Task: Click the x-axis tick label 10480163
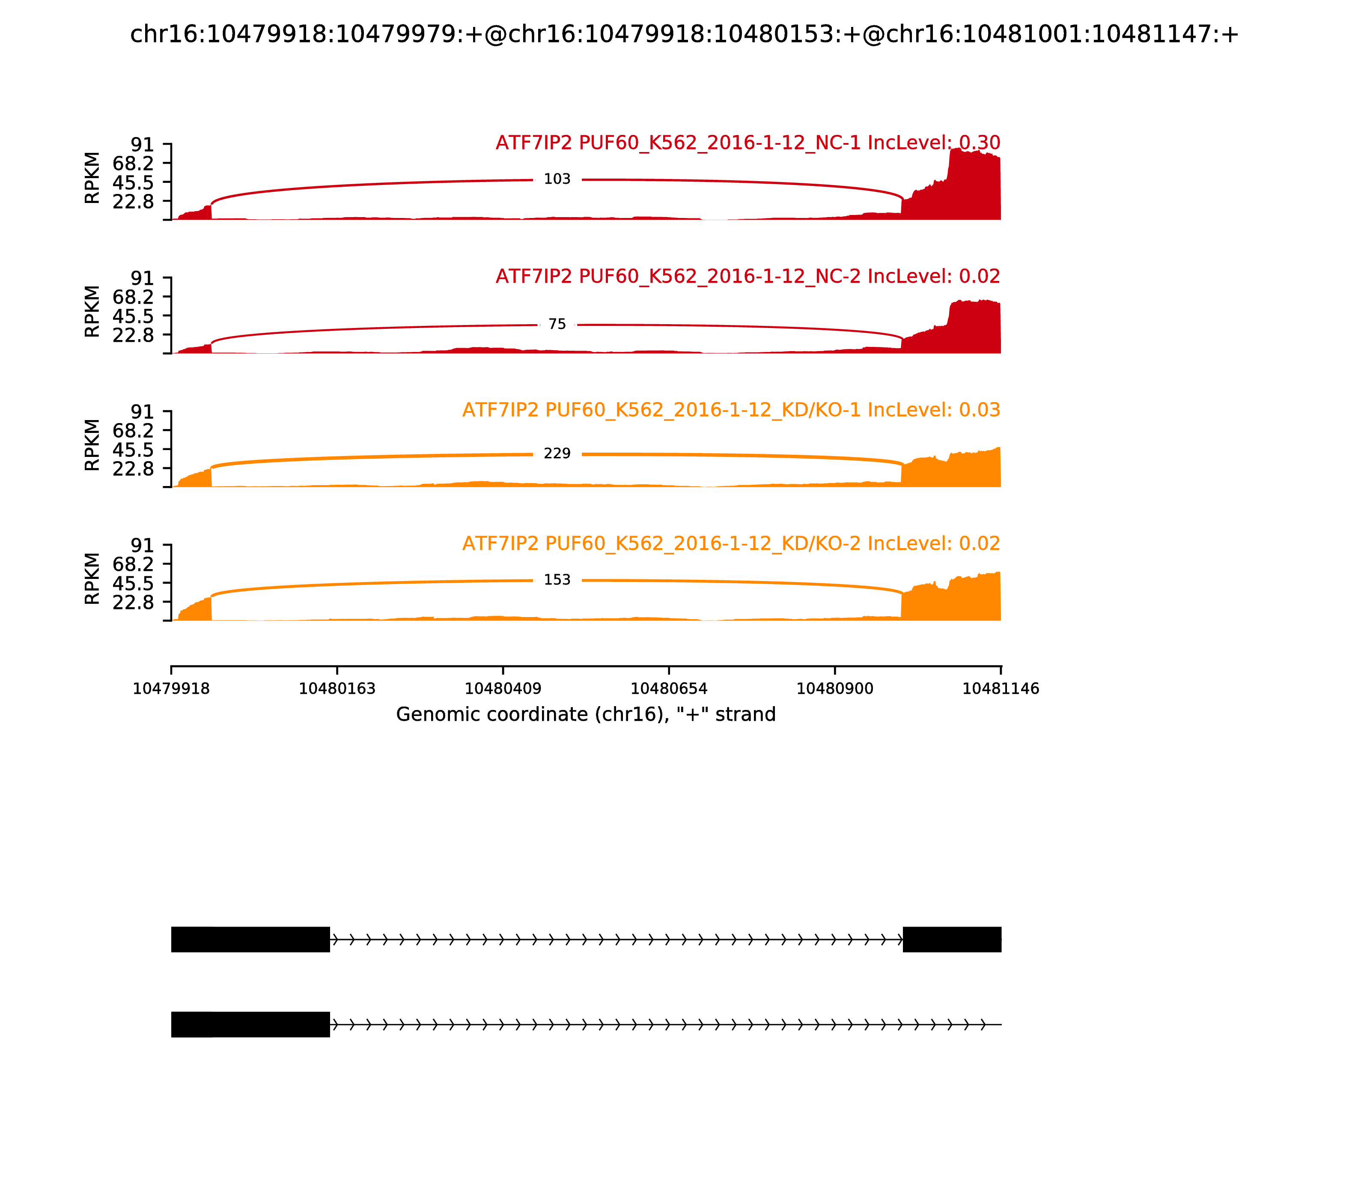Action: (337, 689)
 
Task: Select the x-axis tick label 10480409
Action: (503, 689)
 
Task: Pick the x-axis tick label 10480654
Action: (669, 689)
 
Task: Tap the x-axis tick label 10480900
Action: (835, 689)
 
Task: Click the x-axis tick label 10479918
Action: (171, 689)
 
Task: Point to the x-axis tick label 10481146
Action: (1001, 689)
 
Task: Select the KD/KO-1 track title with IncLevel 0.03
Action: (731, 410)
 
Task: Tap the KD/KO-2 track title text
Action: (731, 543)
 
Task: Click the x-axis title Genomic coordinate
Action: (586, 715)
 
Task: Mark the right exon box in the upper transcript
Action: (952, 940)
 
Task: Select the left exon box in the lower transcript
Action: (250, 1024)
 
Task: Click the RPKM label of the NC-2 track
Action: (92, 312)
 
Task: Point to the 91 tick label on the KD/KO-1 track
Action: (142, 412)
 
